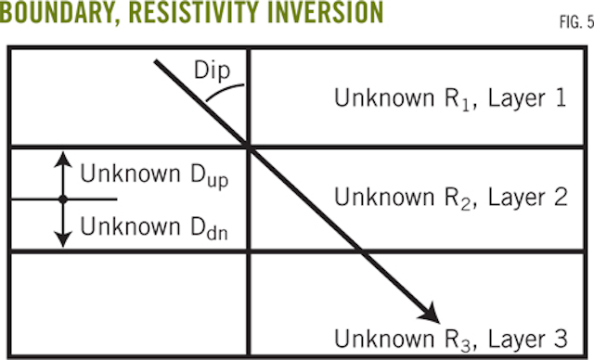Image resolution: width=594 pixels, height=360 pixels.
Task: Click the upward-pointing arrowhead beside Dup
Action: click(x=61, y=159)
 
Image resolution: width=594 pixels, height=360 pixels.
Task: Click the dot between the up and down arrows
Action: click(x=61, y=199)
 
